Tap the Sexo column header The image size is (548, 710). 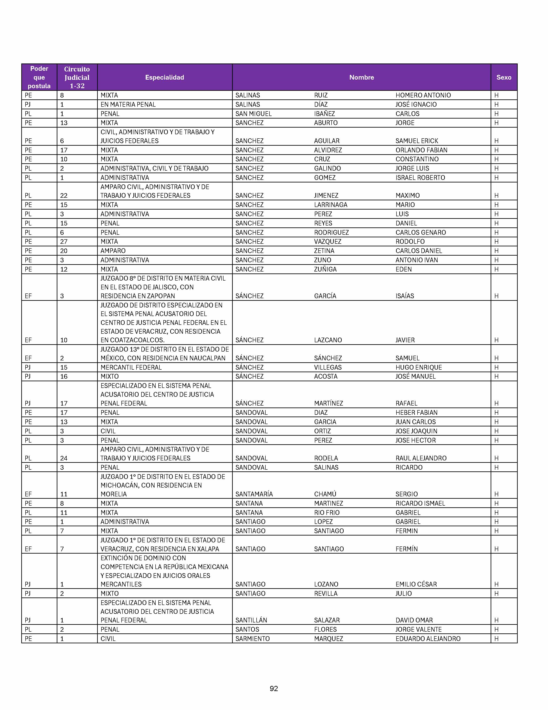[504, 77]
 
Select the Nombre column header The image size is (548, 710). [361, 77]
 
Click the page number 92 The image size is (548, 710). [274, 688]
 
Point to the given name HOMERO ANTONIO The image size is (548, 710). [423, 95]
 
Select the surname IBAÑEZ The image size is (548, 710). [324, 114]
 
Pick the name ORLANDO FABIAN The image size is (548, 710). [421, 150]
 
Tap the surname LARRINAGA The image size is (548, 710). [331, 205]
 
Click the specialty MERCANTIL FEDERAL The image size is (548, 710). [131, 367]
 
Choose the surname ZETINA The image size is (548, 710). [324, 251]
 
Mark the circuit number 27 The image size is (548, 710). [64, 242]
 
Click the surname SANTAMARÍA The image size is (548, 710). [254, 494]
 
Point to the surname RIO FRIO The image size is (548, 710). [327, 513]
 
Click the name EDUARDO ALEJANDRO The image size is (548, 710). [428, 639]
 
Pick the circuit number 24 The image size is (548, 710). [64, 458]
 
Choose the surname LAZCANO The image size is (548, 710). [328, 340]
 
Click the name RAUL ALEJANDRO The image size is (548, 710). [421, 458]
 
